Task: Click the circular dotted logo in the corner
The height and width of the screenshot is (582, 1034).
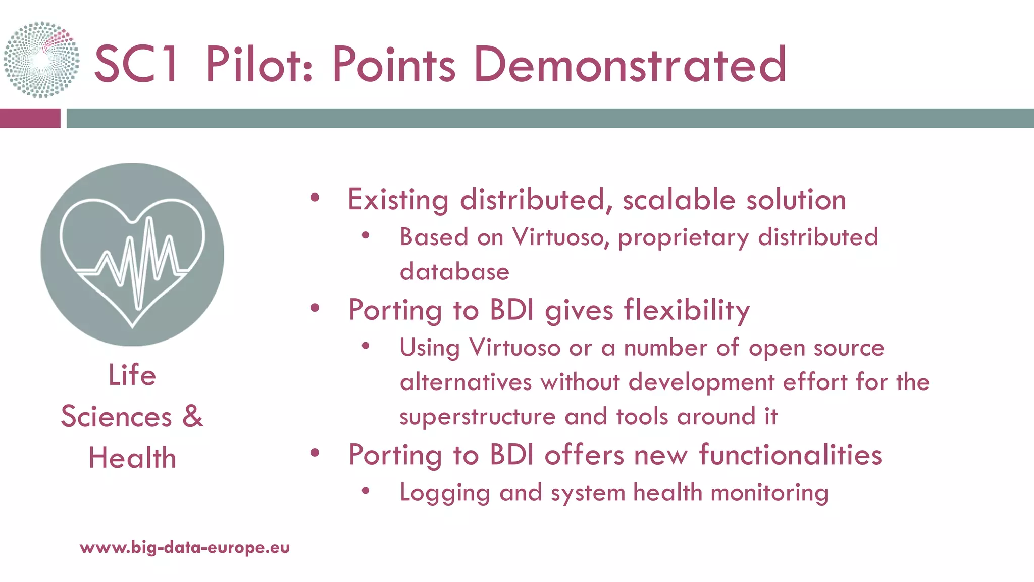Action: tap(41, 60)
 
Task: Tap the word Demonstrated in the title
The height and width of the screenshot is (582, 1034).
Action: tap(630, 64)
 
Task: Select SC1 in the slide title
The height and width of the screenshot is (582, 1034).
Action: tap(135, 64)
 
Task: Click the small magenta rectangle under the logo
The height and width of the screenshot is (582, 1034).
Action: tap(30, 118)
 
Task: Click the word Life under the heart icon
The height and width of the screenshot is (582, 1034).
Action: tap(132, 375)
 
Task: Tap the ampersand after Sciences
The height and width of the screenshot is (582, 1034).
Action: tap(192, 416)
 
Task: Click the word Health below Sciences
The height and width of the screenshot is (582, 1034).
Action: tap(132, 458)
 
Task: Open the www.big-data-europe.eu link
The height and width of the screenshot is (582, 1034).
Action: tap(185, 547)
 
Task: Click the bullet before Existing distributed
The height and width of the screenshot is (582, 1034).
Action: tap(315, 198)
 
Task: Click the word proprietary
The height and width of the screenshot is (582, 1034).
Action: tap(683, 237)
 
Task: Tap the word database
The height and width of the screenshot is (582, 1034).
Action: tap(454, 272)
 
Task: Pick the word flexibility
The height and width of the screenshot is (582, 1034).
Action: tap(687, 310)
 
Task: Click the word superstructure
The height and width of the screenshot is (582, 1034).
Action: tap(477, 417)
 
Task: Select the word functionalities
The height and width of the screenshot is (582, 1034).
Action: tap(790, 455)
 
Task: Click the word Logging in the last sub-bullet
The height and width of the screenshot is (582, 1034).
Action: tap(444, 493)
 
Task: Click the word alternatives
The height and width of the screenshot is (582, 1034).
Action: tap(466, 382)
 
